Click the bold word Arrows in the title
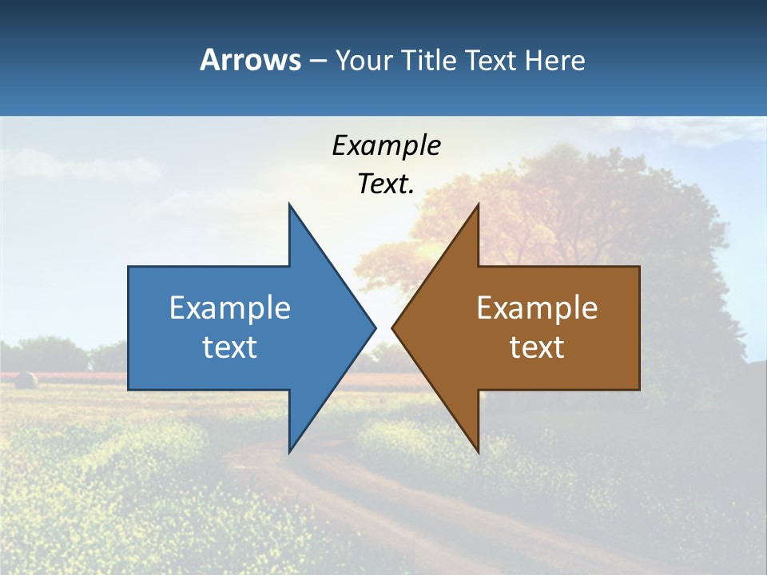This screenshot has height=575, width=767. [250, 60]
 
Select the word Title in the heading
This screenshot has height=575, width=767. [427, 61]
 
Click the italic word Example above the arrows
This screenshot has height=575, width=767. [386, 145]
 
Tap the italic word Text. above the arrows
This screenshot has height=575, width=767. [386, 184]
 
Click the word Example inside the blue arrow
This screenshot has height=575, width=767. [230, 308]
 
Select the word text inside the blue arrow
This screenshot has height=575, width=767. [230, 347]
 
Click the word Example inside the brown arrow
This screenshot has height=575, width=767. [537, 308]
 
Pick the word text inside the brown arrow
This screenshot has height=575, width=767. [537, 347]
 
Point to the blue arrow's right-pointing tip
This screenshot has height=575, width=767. [375, 327]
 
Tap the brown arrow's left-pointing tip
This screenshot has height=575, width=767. [393, 327]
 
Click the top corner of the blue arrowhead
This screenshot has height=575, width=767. [289, 204]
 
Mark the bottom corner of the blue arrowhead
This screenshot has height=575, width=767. [289, 451]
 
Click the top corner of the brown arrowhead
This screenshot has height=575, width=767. [478, 204]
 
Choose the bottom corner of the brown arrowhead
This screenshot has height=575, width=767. [478, 451]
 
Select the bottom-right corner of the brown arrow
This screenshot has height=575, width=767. [638, 389]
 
